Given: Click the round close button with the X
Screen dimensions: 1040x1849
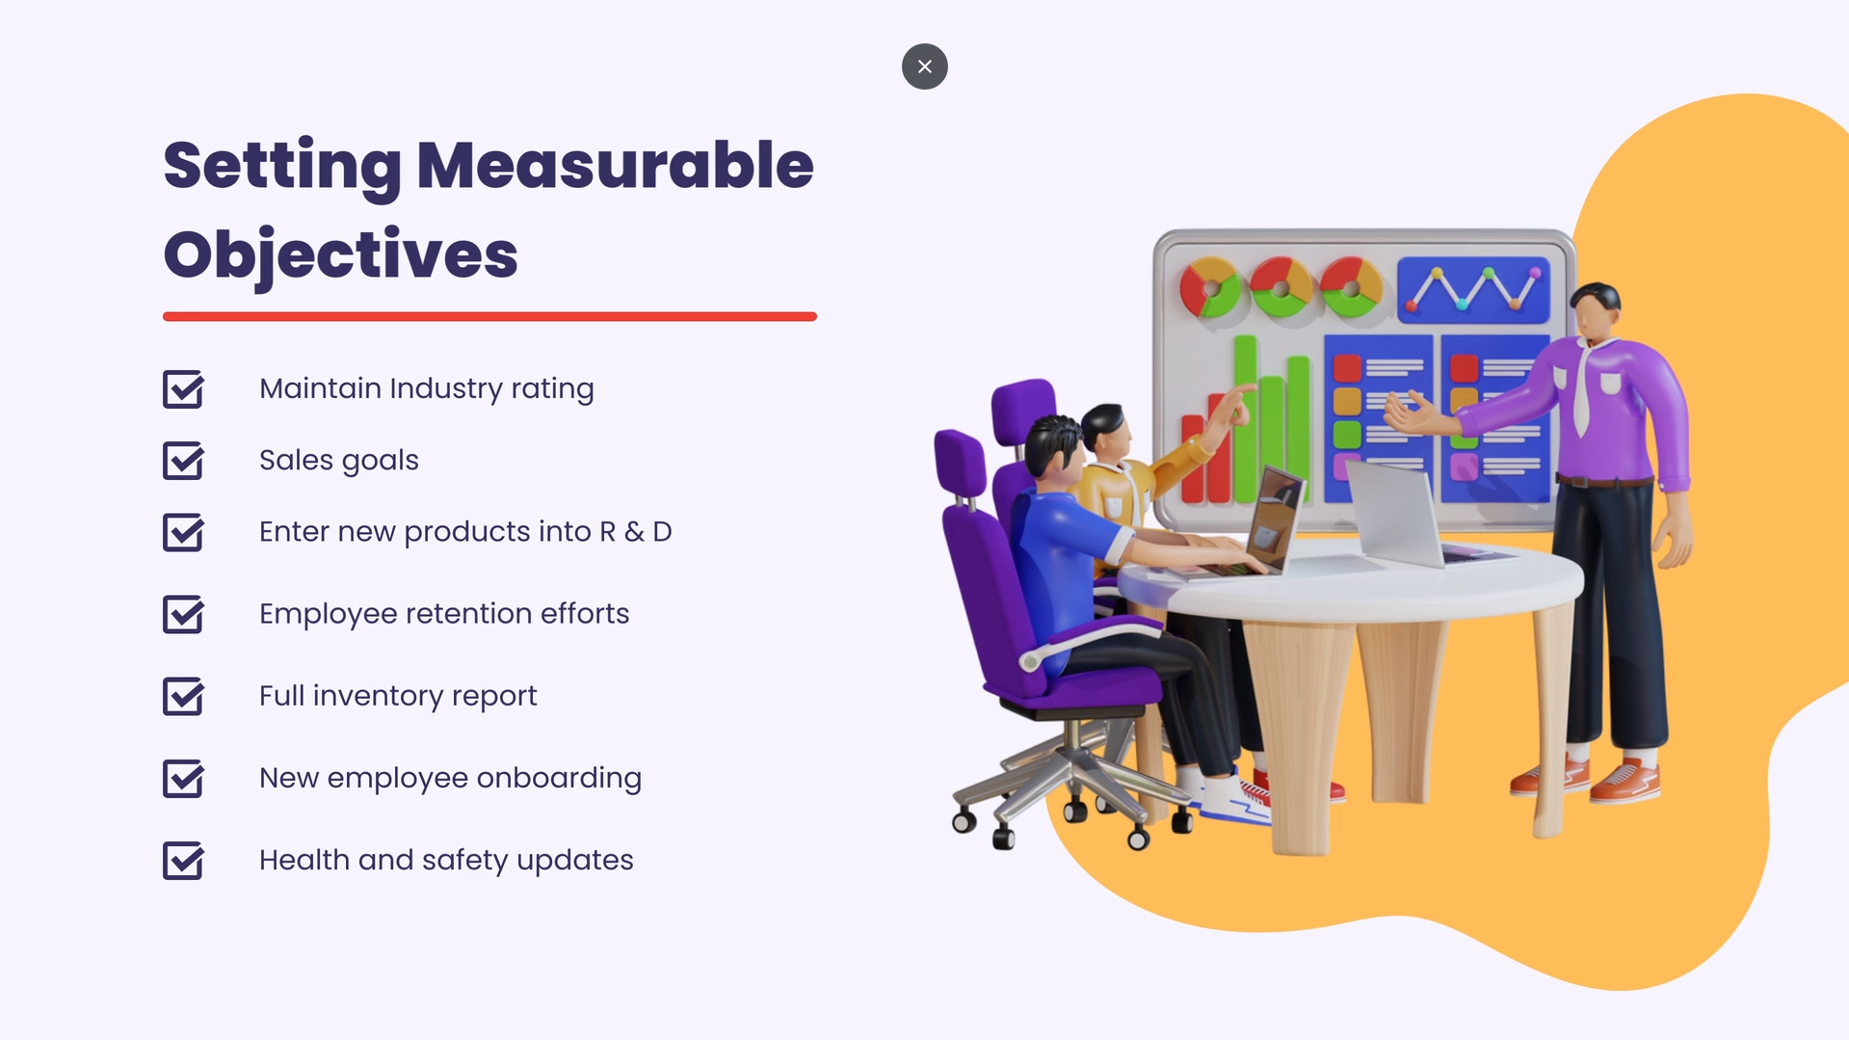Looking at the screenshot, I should click(x=924, y=67).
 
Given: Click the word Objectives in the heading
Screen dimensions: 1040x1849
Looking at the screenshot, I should click(x=340, y=254).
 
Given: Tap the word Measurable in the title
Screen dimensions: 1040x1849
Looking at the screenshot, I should click(x=615, y=166).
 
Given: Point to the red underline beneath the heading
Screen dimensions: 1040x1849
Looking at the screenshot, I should click(x=489, y=316).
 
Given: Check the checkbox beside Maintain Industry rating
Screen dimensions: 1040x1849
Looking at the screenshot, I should click(x=183, y=389).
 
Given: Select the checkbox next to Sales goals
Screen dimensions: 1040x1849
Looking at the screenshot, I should click(x=183, y=461).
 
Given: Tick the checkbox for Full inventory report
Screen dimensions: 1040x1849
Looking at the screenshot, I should click(x=183, y=696).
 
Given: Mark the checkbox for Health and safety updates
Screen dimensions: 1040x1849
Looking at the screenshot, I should click(x=183, y=861).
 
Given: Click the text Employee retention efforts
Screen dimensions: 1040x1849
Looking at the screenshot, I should click(x=443, y=614).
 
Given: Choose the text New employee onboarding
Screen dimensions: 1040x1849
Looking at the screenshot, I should click(x=450, y=778).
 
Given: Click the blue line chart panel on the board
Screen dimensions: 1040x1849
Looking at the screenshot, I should click(x=1473, y=289).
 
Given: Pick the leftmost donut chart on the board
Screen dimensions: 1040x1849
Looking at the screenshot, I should click(x=1208, y=287).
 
